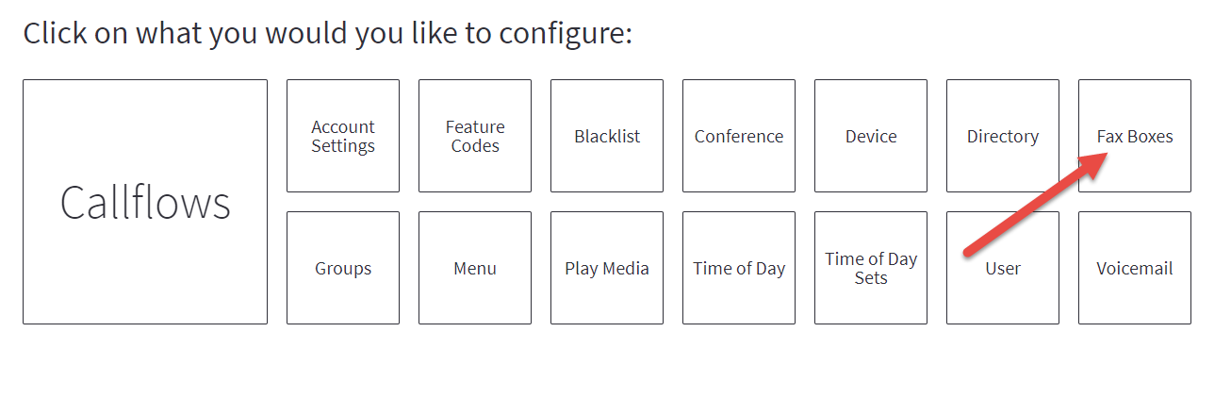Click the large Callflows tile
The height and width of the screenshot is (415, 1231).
click(x=145, y=202)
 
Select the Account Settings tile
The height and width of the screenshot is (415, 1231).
click(x=343, y=136)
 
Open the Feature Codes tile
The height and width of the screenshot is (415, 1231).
click(x=475, y=136)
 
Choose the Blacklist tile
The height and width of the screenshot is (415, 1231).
click(x=607, y=136)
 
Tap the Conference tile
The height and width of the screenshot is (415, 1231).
click(x=739, y=136)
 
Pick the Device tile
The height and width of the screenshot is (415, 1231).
click(x=871, y=136)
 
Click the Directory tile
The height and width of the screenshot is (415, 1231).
click(x=1002, y=136)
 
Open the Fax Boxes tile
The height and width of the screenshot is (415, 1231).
click(x=1134, y=136)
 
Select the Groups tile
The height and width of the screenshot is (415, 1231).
click(x=343, y=268)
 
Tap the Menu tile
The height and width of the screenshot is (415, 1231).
click(x=475, y=268)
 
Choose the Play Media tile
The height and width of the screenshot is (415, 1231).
click(x=607, y=268)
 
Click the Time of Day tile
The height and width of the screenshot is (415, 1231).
click(x=739, y=268)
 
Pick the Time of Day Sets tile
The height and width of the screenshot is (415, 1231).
click(x=871, y=268)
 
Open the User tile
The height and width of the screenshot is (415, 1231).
click(x=1002, y=268)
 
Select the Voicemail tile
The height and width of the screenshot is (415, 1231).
click(x=1134, y=268)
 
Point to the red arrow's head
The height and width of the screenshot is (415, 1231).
click(x=1107, y=154)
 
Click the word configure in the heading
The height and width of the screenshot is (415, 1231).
click(x=566, y=34)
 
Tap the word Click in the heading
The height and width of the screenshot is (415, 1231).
click(x=55, y=33)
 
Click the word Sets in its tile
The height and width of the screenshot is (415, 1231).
click(x=871, y=278)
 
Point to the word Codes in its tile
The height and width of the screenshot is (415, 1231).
click(x=475, y=146)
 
